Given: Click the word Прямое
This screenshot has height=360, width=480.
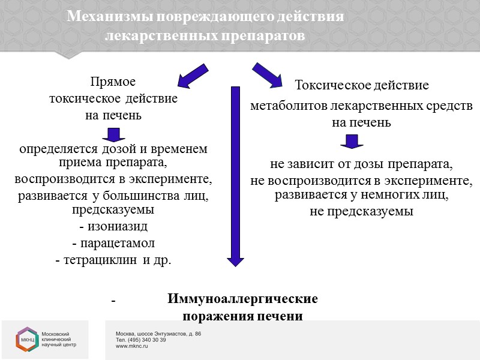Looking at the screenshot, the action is pos(113,82).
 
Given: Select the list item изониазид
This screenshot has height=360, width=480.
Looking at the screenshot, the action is pos(116,228).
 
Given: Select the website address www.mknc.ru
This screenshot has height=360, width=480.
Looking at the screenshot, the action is pos(132,346).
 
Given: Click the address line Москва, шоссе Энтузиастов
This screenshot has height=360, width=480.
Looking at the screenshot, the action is pos(158,333).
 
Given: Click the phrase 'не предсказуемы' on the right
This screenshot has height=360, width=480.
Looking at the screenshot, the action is pos(361,211).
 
